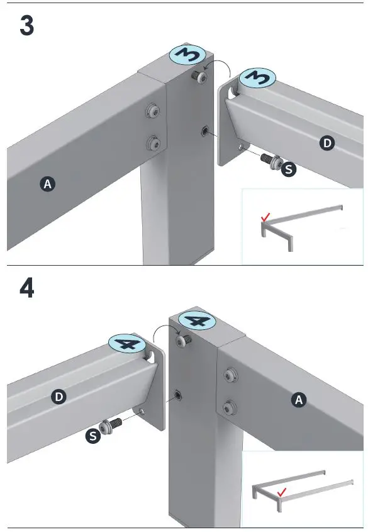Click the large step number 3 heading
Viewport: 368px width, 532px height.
point(27,26)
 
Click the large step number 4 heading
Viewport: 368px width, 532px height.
point(27,289)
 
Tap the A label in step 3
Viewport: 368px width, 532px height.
point(47,184)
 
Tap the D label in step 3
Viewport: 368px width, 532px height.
point(327,143)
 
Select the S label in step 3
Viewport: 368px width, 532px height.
point(288,169)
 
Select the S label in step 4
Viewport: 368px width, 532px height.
point(93,436)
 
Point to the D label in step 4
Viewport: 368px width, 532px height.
point(59,396)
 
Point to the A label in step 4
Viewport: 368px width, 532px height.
point(299,400)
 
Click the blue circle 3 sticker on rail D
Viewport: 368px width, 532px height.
point(257,77)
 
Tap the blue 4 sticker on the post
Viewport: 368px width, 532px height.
point(197,320)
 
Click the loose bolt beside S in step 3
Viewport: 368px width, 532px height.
point(270,160)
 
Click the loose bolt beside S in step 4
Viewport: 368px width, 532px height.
point(111,424)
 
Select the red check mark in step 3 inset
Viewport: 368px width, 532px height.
point(265,217)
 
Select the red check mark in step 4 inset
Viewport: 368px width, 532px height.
point(282,492)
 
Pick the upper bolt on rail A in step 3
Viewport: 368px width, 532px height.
point(153,111)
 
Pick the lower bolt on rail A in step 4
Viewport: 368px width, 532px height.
point(230,407)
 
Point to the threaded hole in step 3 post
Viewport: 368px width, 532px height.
point(204,130)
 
